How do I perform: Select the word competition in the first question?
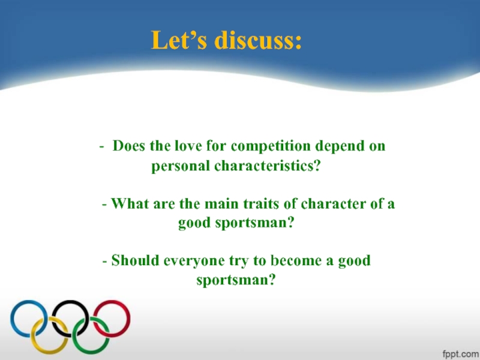(x=271, y=146)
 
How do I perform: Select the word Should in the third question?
(x=133, y=261)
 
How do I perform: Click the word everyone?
(x=188, y=261)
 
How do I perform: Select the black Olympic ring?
(x=70, y=317)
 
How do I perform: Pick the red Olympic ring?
(x=112, y=317)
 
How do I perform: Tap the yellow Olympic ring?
(x=50, y=334)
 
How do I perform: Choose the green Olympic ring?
(x=91, y=334)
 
